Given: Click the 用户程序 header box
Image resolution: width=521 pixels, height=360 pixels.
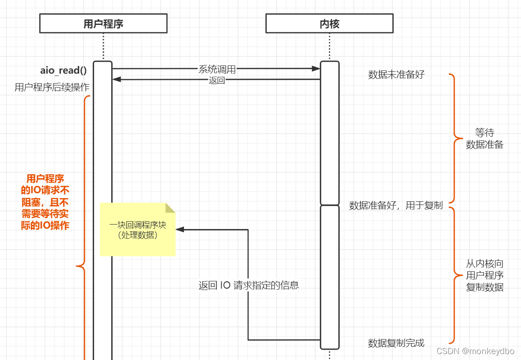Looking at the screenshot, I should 103,24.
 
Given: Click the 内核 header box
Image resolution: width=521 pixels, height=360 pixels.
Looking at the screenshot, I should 329,24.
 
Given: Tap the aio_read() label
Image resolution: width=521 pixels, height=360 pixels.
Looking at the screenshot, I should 64,70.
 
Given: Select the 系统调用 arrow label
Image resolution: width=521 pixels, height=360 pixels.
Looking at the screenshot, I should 217,69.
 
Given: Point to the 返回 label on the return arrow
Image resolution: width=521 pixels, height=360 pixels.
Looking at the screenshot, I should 217,80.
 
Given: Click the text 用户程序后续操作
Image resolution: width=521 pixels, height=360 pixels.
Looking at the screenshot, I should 52,87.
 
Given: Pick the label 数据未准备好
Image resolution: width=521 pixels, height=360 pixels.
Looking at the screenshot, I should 396,75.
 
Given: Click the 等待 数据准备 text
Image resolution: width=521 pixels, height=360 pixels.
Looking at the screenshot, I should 485,139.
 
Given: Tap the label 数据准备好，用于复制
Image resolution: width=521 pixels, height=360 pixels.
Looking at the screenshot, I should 396,205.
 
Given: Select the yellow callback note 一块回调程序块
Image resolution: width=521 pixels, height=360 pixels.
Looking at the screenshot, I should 138,230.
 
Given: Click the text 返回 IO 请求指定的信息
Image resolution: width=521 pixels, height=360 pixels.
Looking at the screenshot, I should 248,285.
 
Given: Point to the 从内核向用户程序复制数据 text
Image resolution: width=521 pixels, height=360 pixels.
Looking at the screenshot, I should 485,275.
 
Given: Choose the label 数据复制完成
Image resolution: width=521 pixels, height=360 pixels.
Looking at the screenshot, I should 396,343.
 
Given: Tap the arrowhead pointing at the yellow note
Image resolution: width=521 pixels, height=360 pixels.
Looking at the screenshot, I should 179,230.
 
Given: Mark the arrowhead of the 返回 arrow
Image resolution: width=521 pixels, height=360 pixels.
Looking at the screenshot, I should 117,80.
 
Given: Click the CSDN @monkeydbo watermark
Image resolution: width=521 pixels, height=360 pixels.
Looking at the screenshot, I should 475,351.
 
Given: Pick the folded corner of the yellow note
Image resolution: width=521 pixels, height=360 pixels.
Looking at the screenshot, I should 170,208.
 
